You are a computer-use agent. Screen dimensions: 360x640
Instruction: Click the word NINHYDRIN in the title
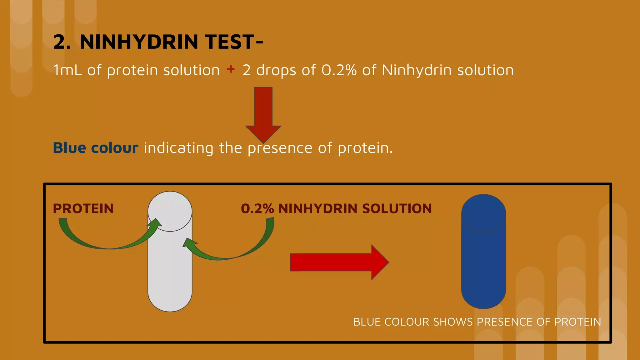(139, 42)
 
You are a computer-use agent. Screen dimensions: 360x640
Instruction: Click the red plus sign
(231, 69)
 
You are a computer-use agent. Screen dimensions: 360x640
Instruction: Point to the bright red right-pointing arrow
(339, 262)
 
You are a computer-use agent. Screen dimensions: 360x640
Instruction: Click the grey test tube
(170, 266)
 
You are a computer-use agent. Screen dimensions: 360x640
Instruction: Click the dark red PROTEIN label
(83, 209)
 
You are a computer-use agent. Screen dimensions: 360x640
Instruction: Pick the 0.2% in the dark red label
(257, 209)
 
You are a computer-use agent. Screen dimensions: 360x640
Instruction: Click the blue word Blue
(69, 148)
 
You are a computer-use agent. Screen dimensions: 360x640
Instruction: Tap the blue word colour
(114, 148)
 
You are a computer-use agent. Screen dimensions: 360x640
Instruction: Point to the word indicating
(178, 148)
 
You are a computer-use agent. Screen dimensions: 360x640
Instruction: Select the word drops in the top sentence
(276, 70)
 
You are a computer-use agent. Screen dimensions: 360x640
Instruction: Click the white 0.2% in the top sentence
(339, 70)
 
